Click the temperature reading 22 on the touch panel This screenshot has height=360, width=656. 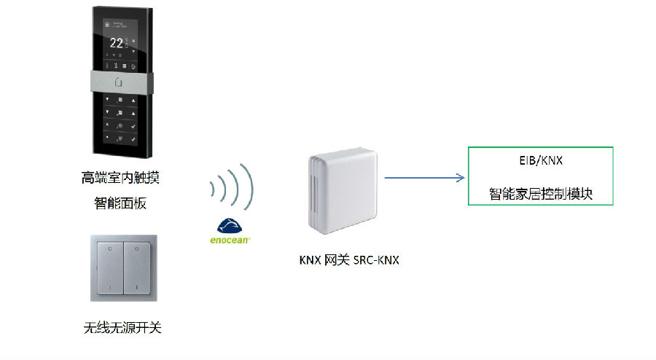point(115,43)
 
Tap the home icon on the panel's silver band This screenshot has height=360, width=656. point(120,82)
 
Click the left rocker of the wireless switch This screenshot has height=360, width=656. point(107,267)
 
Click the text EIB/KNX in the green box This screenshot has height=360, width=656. point(539,160)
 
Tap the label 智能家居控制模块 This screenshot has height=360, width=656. point(539,195)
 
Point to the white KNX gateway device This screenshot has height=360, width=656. point(343,192)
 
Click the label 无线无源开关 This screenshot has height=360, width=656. point(122,328)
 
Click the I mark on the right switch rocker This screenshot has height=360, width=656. point(136,289)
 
